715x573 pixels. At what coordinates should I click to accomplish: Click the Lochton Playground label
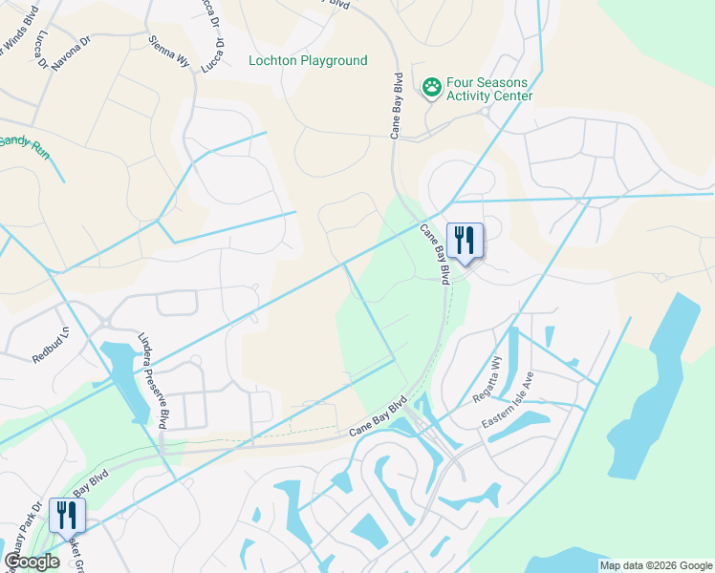coord(307,60)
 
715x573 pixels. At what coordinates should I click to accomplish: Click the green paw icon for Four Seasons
coord(432,86)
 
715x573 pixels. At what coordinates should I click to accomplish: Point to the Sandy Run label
coord(23,145)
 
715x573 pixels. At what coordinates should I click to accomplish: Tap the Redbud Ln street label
coord(52,345)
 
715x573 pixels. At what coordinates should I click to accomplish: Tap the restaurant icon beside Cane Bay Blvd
coord(465,241)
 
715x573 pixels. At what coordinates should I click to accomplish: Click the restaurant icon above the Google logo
coord(68,516)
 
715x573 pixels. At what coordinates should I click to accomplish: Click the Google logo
coord(32,562)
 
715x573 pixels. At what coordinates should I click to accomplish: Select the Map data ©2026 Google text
coord(655,565)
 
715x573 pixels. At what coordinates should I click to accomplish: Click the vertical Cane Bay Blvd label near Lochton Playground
coord(394,105)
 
